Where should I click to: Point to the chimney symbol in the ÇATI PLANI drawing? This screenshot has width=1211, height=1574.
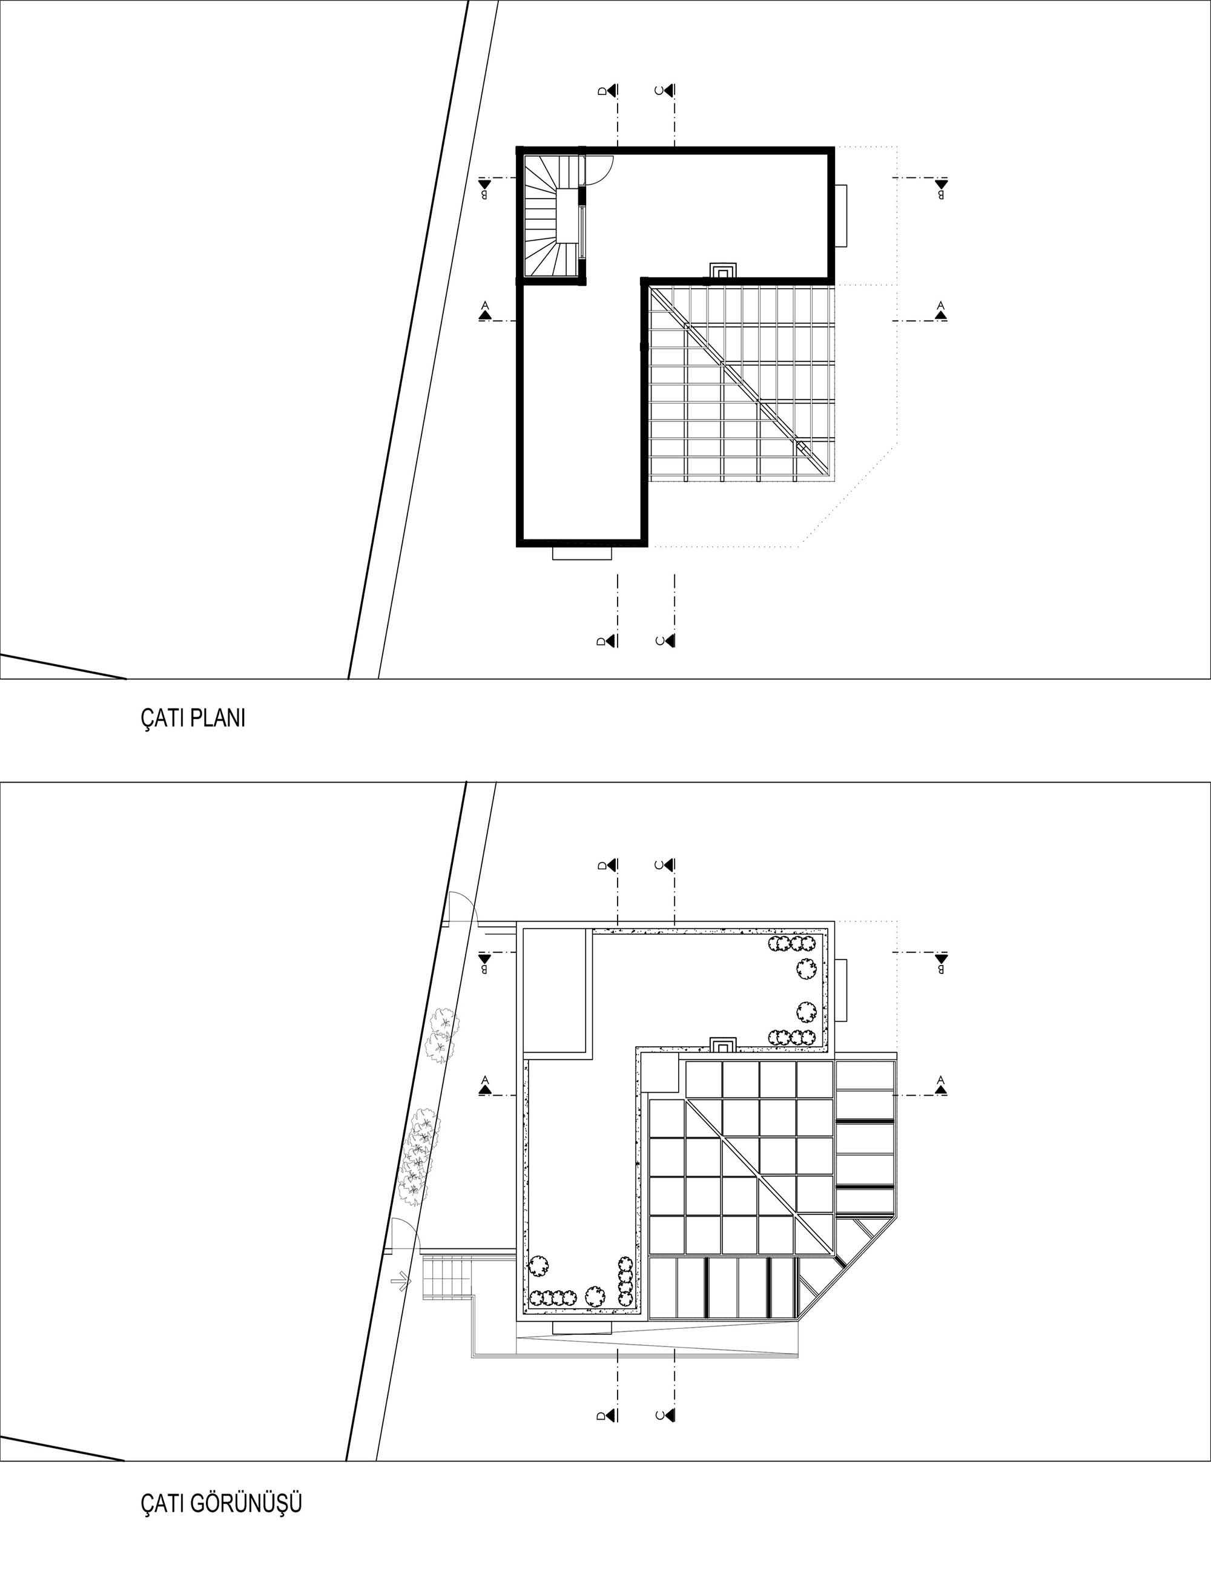coord(722,270)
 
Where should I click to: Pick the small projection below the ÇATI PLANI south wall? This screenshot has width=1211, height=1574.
coord(582,553)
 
